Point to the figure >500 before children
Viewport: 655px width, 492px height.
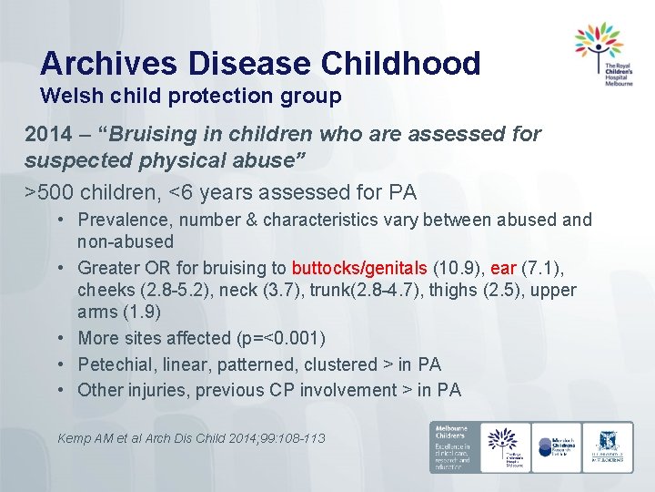tap(47, 192)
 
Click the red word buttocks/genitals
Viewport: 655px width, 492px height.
tap(358, 268)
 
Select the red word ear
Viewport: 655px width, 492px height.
tap(503, 268)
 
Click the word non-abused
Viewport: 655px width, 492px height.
tap(126, 241)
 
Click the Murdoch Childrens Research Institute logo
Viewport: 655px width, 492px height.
tap(558, 446)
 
